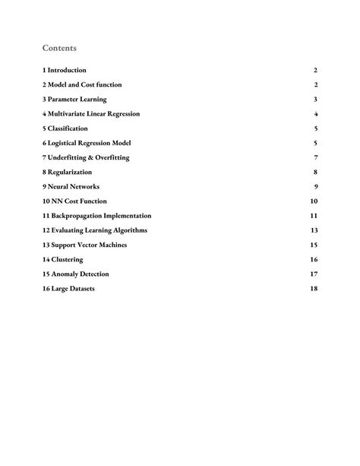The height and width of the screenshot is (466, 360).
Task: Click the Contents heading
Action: (59, 48)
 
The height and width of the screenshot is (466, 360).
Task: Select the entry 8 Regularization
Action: (71, 172)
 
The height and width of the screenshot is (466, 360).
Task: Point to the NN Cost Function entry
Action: (74, 201)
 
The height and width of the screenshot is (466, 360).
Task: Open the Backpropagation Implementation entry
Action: (96, 216)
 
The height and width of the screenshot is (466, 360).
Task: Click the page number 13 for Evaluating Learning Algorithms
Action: (313, 230)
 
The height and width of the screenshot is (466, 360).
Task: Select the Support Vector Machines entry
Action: (84, 245)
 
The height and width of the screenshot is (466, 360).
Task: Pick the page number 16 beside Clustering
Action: (313, 259)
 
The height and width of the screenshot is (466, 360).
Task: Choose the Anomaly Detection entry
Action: (76, 274)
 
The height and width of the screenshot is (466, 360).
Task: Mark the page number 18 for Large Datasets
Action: (313, 289)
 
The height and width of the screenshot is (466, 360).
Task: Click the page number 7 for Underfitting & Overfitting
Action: (315, 157)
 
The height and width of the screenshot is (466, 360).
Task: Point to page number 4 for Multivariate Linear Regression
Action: (315, 114)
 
